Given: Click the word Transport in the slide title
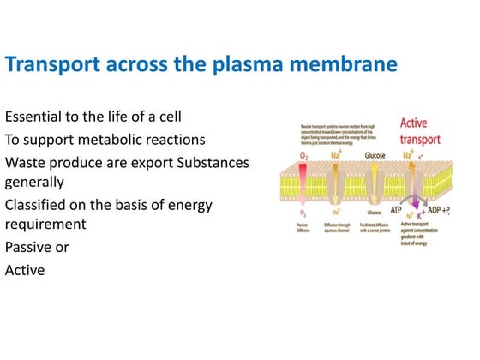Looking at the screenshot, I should tap(56, 65).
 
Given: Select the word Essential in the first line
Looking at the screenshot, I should tap(33, 116).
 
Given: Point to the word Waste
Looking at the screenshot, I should tap(25, 161).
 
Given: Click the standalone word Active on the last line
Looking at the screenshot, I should tap(24, 270).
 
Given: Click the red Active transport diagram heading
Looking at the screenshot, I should tap(420, 130).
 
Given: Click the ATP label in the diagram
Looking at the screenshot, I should tap(396, 209).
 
